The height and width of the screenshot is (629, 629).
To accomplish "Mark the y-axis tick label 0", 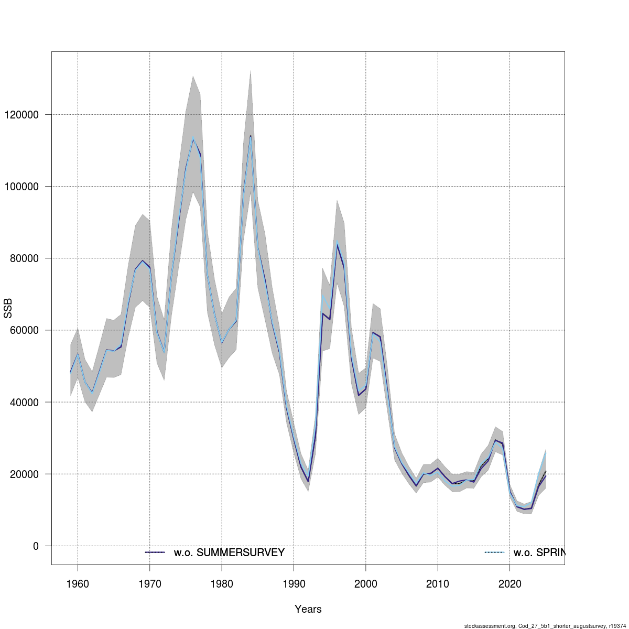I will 36,546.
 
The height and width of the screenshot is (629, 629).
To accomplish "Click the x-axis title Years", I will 308,609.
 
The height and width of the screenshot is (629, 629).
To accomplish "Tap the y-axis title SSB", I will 7,308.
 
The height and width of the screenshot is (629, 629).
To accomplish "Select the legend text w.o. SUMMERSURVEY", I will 229,552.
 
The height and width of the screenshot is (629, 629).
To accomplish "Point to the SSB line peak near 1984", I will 251,136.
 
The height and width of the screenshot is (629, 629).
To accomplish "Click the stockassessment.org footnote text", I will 545,625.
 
